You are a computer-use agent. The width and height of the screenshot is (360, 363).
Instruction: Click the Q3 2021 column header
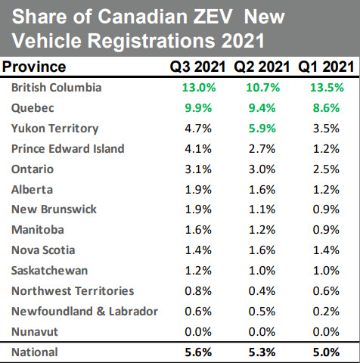[x=199, y=67]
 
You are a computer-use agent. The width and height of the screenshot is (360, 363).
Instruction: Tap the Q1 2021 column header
[x=325, y=67]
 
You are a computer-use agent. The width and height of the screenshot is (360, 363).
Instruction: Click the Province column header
[x=34, y=67]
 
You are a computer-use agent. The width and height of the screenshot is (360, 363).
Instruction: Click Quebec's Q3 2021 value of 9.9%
[x=199, y=108]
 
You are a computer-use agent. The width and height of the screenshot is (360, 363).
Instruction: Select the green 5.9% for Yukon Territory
[x=262, y=129]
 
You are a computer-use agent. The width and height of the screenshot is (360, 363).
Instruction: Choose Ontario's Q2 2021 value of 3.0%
[x=262, y=169]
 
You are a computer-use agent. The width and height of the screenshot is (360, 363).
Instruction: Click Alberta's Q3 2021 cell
[x=199, y=189]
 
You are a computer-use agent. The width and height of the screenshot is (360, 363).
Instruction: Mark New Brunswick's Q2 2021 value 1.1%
[x=262, y=209]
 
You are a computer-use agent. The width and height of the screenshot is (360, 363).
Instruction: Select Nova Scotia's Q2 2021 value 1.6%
[x=262, y=250]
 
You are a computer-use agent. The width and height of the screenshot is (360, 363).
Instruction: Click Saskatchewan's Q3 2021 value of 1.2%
[x=199, y=270]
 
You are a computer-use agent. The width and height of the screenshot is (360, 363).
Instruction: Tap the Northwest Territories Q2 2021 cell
[x=262, y=290]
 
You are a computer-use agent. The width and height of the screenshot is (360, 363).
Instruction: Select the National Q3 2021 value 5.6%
[x=199, y=352]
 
